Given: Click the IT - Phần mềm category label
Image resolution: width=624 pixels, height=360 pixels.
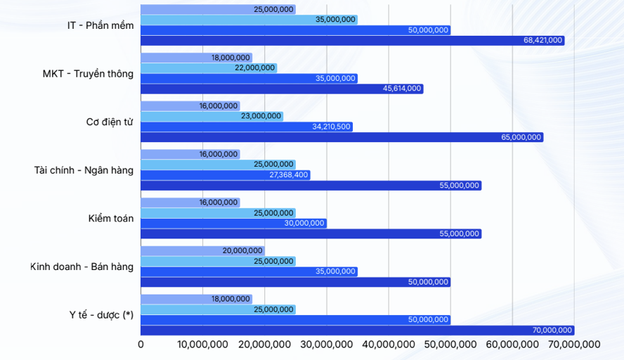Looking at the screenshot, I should pyautogui.click(x=100, y=25).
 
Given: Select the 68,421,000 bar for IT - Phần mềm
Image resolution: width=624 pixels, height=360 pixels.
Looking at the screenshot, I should pyautogui.click(x=351, y=41).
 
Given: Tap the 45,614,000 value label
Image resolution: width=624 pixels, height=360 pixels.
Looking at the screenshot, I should pyautogui.click(x=402, y=89).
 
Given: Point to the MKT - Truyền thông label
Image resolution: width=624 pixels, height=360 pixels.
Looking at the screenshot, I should pyautogui.click(x=88, y=73).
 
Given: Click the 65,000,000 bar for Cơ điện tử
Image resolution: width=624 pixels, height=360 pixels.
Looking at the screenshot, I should pyautogui.click(x=342, y=137).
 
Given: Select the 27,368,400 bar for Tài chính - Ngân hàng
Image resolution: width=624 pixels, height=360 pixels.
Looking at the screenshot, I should pyautogui.click(x=225, y=175).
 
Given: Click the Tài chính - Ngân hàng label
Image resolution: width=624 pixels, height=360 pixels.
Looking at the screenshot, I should pyautogui.click(x=84, y=169).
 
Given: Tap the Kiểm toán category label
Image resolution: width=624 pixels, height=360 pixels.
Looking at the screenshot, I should pyautogui.click(x=106, y=218).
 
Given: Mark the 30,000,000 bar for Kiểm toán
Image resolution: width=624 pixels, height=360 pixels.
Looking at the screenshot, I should pyautogui.click(x=233, y=223).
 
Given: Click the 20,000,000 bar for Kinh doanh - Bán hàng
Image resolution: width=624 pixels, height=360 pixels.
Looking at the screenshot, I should pyautogui.click(x=202, y=250).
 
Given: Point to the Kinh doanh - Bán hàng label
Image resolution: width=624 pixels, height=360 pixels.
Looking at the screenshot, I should pyautogui.click(x=82, y=266).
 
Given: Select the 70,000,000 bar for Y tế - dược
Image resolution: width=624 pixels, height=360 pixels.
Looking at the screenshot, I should pyautogui.click(x=357, y=330).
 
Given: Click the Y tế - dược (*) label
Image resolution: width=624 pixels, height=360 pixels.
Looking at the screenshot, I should pyautogui.click(x=97, y=314).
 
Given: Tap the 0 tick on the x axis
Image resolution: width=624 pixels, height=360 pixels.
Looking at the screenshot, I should pyautogui.click(x=141, y=345).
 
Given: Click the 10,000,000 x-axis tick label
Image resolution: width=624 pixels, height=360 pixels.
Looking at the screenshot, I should pyautogui.click(x=203, y=345).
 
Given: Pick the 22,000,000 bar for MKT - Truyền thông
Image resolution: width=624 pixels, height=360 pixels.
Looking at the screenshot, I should pyautogui.click(x=209, y=68).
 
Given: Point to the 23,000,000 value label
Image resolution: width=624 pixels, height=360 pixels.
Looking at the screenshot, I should pyautogui.click(x=261, y=116).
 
